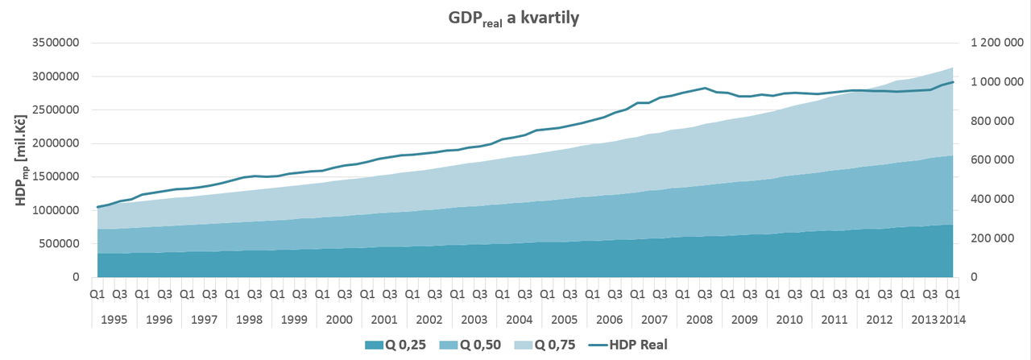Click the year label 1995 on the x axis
pyautogui.click(x=114, y=319)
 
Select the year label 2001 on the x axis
pyautogui.click(x=383, y=319)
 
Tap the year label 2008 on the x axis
pyautogui.click(x=698, y=319)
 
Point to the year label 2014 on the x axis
pyautogui.click(x=953, y=319)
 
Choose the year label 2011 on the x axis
pyautogui.click(x=833, y=319)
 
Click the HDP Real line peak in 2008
pyautogui.click(x=706, y=88)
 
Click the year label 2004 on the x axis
pyautogui.click(x=519, y=319)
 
